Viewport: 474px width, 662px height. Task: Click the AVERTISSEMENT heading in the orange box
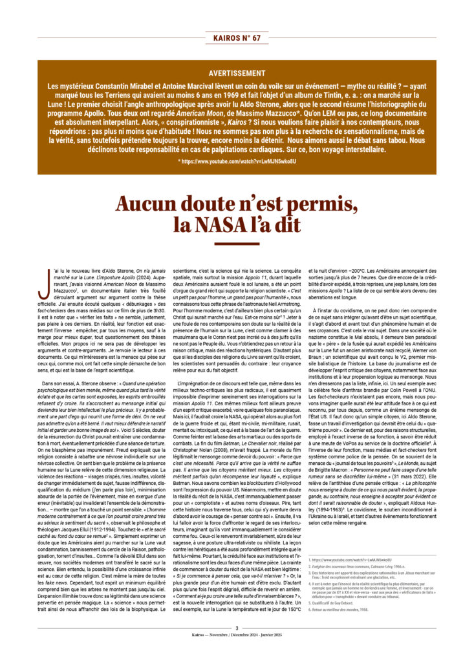point(237,73)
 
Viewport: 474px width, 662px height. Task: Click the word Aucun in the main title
point(148,205)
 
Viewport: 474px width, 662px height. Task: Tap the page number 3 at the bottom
point(237,628)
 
